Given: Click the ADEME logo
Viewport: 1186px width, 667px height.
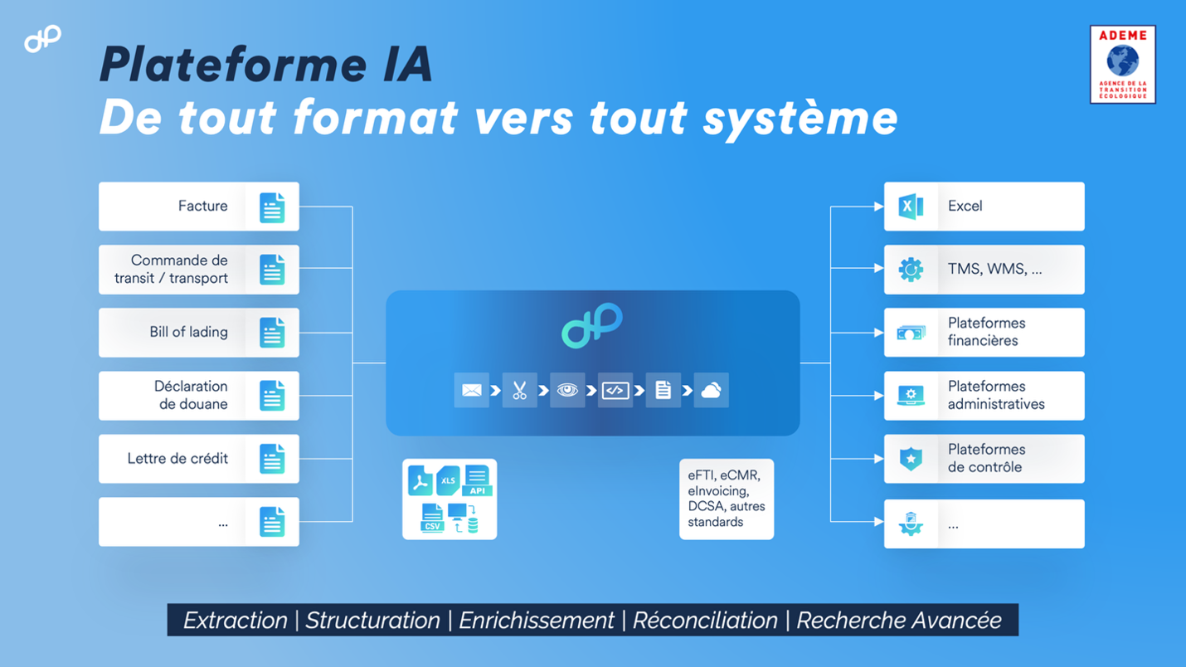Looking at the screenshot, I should click(x=1122, y=64).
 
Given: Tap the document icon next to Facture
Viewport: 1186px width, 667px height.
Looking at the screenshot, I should click(x=272, y=207).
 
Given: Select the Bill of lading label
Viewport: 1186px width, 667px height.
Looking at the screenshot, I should click(x=188, y=332).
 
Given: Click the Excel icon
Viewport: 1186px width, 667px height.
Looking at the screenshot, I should click(x=911, y=207).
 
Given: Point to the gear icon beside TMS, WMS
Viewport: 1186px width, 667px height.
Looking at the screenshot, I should click(x=911, y=270).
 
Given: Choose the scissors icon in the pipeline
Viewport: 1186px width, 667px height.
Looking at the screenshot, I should click(x=519, y=391).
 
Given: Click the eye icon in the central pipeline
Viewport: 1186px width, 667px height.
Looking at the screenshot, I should click(x=567, y=391).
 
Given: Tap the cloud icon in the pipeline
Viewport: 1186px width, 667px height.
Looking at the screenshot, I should click(x=711, y=391).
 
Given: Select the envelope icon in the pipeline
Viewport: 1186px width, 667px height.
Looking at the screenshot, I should click(x=471, y=391).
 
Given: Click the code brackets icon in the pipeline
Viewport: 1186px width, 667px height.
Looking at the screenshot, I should click(x=615, y=391).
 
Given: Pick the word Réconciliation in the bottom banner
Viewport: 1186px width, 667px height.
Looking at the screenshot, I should click(x=705, y=621).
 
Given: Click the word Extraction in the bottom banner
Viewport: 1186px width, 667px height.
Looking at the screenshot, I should click(x=235, y=621).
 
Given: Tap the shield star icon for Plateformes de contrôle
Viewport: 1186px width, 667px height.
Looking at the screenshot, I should click(x=911, y=459).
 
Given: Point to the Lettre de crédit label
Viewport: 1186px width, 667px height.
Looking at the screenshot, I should click(x=177, y=458).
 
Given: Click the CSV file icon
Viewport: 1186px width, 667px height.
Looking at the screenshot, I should click(x=432, y=518).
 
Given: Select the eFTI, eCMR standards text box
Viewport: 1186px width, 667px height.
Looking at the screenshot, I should click(x=727, y=499).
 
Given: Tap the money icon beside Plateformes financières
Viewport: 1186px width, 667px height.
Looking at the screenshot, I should click(x=911, y=333).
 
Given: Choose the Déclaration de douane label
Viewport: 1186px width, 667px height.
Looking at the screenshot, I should click(x=192, y=395).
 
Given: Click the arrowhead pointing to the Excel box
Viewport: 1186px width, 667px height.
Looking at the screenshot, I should click(x=878, y=207).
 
